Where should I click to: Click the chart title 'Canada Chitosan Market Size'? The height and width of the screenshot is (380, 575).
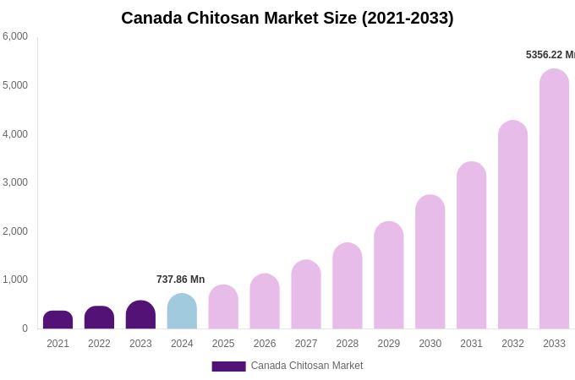tap(287, 18)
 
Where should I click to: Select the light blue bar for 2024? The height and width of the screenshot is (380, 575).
tap(182, 312)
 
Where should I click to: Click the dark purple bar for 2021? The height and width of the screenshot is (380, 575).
tap(57, 320)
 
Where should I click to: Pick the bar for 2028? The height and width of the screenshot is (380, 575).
tap(348, 286)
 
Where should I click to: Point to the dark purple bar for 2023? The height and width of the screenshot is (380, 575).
tap(140, 315)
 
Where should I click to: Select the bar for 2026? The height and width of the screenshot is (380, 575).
tap(265, 301)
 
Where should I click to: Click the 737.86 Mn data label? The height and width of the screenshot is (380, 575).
tap(180, 280)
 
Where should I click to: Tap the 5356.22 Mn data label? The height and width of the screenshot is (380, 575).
tap(550, 55)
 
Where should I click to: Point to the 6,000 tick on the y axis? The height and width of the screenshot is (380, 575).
tap(15, 36)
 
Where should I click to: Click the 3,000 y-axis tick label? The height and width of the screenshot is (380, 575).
tap(15, 182)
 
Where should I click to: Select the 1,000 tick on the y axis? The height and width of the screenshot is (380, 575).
tap(15, 280)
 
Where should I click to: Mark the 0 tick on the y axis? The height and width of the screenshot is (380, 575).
tap(25, 328)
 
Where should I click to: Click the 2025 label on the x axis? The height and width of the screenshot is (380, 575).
tap(223, 344)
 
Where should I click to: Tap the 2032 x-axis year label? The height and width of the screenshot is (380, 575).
tap(512, 344)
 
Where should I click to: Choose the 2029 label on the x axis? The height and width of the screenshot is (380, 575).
tap(389, 344)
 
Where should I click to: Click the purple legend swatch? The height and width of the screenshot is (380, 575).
tap(228, 366)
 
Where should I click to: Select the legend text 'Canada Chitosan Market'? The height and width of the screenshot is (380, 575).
tap(306, 366)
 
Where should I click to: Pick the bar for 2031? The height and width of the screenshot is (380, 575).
tap(471, 246)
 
